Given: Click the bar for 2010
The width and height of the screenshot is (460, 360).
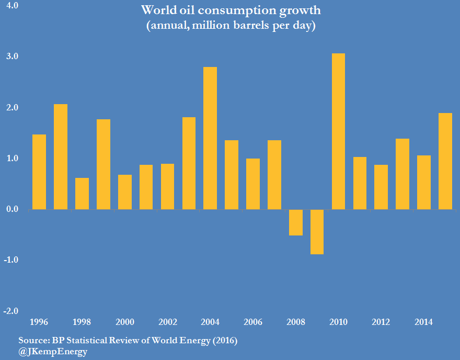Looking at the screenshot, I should [x=338, y=131].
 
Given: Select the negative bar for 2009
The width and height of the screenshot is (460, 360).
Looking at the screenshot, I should [x=317, y=232].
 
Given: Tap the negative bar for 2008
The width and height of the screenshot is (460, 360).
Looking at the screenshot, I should [x=295, y=222].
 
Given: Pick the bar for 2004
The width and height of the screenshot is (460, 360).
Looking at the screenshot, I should [x=210, y=138].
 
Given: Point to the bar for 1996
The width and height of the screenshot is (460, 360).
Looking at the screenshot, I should [x=39, y=172].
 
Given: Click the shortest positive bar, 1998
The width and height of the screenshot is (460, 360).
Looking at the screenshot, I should [x=82, y=194].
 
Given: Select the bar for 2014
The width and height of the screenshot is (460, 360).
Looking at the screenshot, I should [x=424, y=183].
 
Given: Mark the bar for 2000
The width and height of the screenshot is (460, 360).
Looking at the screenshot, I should [x=124, y=192].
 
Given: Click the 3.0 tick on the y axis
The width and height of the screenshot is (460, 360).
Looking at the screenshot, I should [x=11, y=57].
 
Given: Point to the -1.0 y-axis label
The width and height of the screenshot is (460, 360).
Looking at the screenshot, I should [x=11, y=260].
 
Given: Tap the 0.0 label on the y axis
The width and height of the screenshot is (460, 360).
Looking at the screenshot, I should [x=11, y=209].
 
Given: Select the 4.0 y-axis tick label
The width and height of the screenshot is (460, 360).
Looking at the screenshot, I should [x=11, y=6].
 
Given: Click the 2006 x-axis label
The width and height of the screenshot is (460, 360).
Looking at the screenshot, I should [x=253, y=322].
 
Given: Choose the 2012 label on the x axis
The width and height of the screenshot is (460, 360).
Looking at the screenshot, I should [x=381, y=322].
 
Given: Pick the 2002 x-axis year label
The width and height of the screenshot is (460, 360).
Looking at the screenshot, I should [x=167, y=322].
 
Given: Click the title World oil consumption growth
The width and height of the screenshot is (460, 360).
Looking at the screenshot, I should [x=231, y=10].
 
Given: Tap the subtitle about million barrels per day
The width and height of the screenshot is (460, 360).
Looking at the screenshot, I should [x=231, y=26].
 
